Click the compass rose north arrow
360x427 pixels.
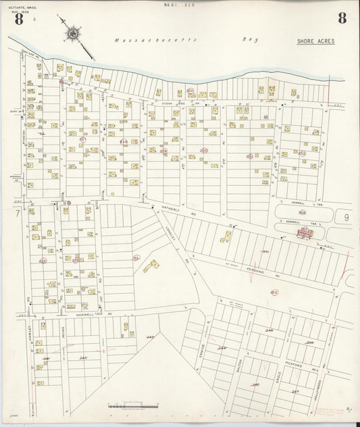tap(73, 33)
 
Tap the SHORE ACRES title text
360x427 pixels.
tap(315, 41)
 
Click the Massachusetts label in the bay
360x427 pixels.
tap(155, 41)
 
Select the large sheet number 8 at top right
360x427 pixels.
tap(342, 18)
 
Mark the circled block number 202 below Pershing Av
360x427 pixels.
tap(274, 292)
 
